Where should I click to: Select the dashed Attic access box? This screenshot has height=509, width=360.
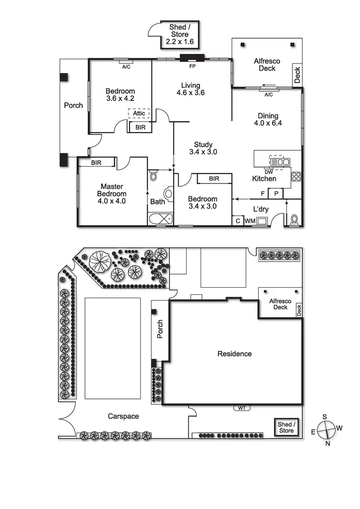click(139, 114)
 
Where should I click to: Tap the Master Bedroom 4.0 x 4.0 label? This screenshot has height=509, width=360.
click(111, 194)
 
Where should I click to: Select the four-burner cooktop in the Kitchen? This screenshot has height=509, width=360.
click(296, 176)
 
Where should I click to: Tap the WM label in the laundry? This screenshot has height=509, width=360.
click(250, 221)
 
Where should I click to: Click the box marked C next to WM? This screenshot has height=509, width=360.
click(238, 221)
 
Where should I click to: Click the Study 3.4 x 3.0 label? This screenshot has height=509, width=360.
click(203, 148)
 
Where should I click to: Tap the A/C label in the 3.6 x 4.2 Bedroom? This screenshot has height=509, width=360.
click(126, 67)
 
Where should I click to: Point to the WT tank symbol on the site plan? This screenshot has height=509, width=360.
click(241, 408)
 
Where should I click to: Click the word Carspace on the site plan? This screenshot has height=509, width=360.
click(123, 416)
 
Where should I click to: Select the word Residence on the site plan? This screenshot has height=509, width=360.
click(235, 354)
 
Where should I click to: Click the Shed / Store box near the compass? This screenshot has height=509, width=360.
click(287, 427)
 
